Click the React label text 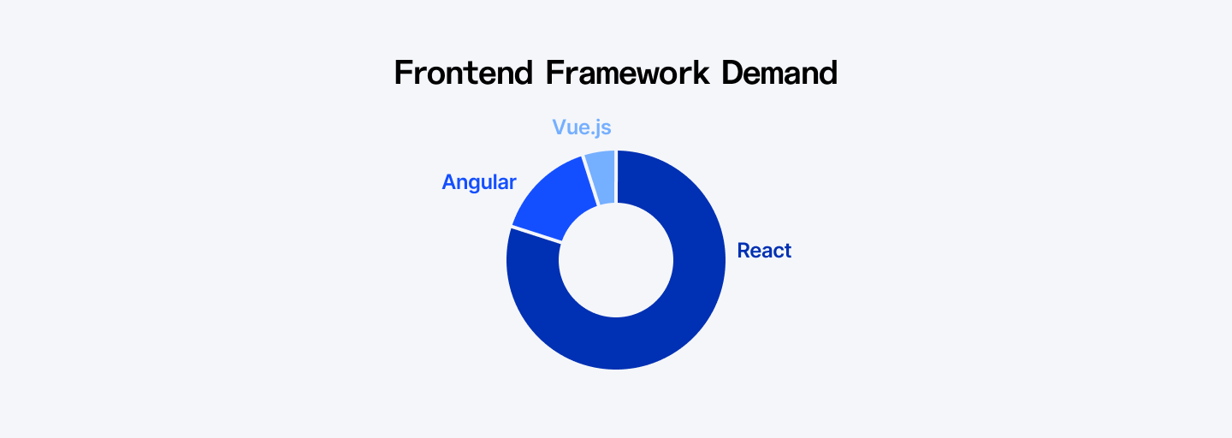click(764, 251)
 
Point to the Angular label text click(479, 182)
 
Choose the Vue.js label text click(582, 127)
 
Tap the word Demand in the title click(779, 73)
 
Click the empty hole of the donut click(616, 260)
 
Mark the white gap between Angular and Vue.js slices click(590, 181)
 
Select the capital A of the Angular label click(449, 182)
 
